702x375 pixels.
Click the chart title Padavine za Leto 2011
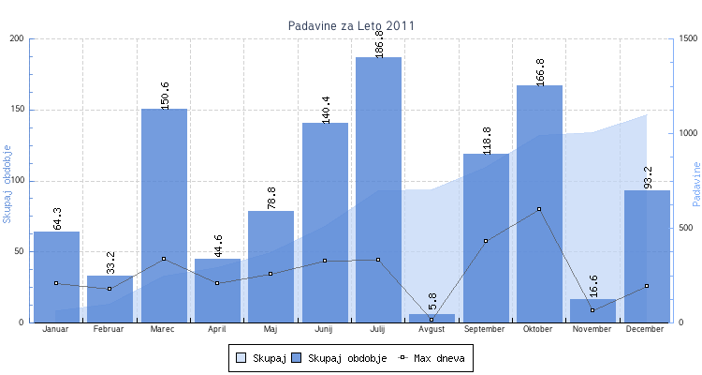click(x=351, y=25)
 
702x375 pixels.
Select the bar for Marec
click(x=164, y=216)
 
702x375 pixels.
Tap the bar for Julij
click(x=378, y=187)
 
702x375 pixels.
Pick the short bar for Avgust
click(x=431, y=318)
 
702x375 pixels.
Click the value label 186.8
click(x=379, y=43)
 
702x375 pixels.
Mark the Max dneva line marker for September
click(x=486, y=241)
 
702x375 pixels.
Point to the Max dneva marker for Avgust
click(x=431, y=320)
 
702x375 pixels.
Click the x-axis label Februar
click(x=110, y=330)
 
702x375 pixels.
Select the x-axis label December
click(x=646, y=330)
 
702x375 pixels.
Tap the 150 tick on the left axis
click(x=17, y=110)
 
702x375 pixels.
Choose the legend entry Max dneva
click(x=432, y=358)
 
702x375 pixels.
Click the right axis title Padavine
click(x=695, y=183)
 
